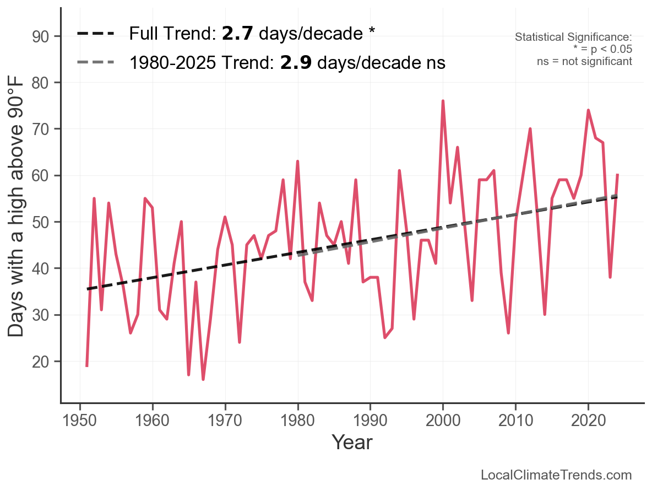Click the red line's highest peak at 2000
(443, 101)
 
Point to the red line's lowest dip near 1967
(203, 379)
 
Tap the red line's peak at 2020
(588, 111)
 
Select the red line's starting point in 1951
(87, 365)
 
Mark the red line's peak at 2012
(530, 129)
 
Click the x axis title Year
(352, 442)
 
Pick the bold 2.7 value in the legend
(237, 34)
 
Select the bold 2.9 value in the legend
(296, 63)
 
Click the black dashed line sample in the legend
(96, 34)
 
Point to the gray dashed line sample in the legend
(96, 62)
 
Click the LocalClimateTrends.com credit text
(556, 475)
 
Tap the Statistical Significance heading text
(573, 37)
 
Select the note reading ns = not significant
(584, 61)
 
